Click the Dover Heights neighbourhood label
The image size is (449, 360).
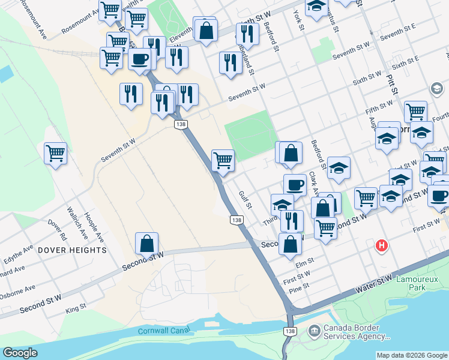[x=71, y=250]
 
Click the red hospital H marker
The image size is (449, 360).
[x=381, y=245]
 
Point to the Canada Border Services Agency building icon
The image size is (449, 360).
[x=314, y=331]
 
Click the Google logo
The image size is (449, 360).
[x=20, y=353]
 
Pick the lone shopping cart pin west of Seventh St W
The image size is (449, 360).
[x=55, y=153]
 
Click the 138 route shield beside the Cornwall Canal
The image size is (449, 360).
[x=291, y=331]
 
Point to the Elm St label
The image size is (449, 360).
[x=306, y=262]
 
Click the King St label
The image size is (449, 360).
[x=76, y=308]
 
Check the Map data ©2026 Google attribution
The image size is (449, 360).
[x=412, y=355]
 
